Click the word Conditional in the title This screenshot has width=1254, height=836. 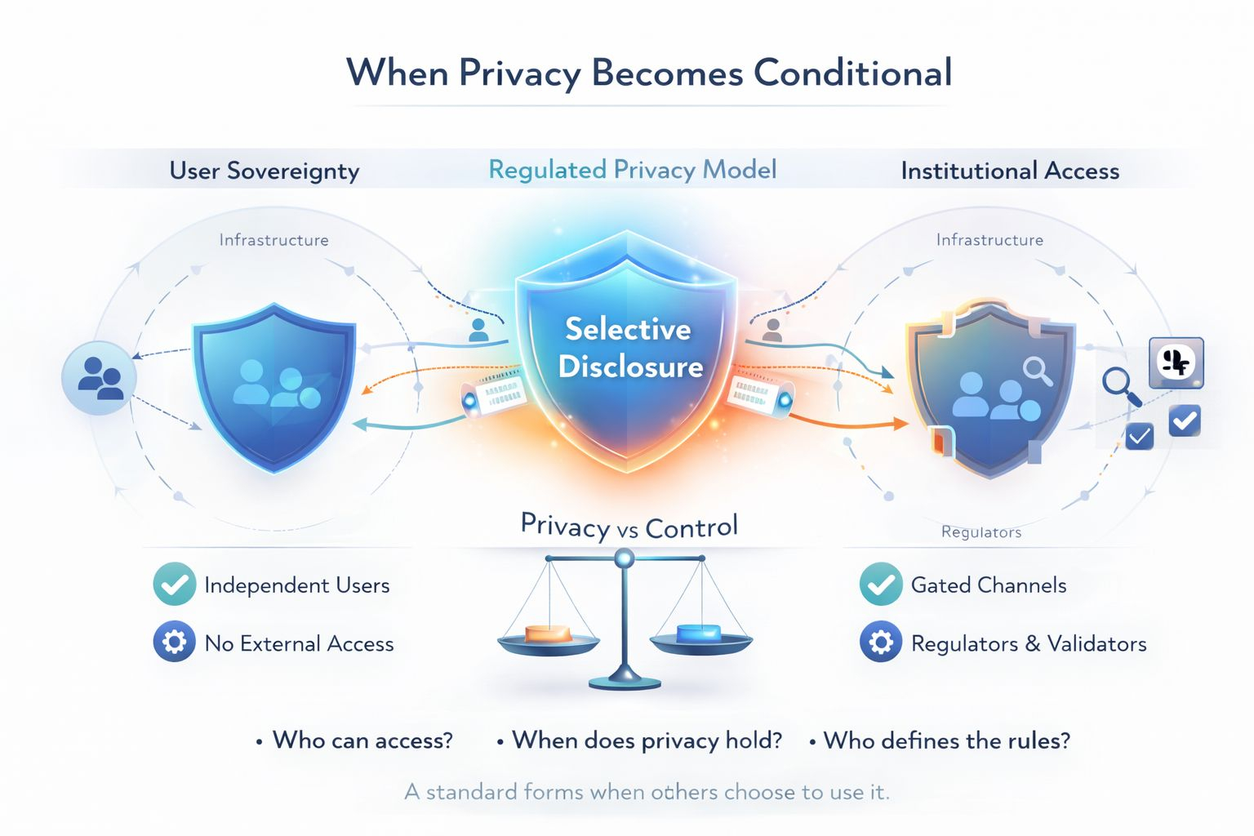[852, 73]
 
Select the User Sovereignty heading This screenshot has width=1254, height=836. [265, 171]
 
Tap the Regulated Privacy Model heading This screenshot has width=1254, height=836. [633, 170]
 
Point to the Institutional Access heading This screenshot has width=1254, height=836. [1010, 171]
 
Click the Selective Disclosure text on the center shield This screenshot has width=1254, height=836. [629, 347]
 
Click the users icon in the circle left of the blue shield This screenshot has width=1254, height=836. [100, 378]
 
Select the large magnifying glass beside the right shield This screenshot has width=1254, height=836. [1120, 385]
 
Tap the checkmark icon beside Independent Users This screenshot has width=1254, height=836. [174, 585]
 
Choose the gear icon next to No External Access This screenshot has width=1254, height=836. [174, 643]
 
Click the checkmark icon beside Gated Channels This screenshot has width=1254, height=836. [881, 585]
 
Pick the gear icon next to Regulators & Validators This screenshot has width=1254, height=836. [881, 643]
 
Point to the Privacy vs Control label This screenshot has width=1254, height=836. [629, 527]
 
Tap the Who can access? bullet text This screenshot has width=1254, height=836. [362, 740]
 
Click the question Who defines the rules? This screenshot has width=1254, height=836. [946, 740]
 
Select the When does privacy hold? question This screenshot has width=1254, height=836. [647, 740]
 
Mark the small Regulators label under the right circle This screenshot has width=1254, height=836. [981, 532]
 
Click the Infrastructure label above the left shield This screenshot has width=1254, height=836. [273, 240]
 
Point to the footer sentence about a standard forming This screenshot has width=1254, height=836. [647, 792]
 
